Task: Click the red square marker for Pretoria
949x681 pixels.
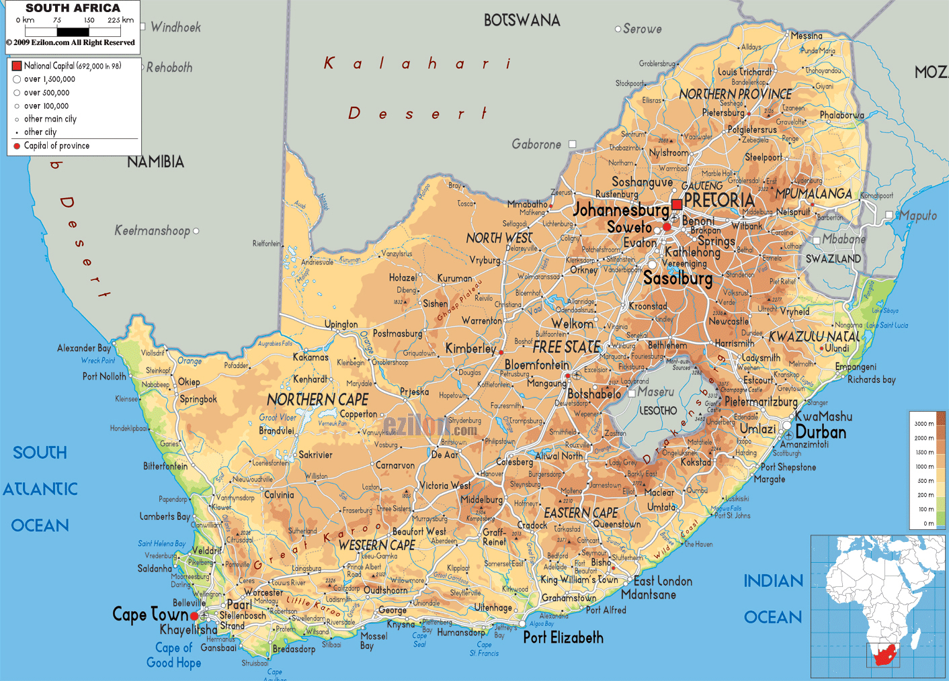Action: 677,204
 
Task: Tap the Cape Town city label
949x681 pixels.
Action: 150,615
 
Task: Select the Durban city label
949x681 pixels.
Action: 821,433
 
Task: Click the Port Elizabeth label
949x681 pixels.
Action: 563,637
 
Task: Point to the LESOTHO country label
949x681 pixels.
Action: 658,410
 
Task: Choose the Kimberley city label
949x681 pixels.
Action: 470,349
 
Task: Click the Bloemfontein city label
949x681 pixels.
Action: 537,365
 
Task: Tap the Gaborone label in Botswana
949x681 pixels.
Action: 536,144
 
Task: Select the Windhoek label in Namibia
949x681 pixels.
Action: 175,28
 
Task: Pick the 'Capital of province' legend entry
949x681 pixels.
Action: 56,146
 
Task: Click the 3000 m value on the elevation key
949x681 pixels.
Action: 923,424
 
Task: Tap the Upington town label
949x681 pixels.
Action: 341,324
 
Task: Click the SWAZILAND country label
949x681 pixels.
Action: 833,259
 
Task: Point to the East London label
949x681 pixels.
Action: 663,581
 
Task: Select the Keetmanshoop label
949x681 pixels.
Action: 152,231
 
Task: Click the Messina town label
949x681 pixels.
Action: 806,36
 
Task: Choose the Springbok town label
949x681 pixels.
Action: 198,399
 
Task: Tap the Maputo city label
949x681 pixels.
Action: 918,216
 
